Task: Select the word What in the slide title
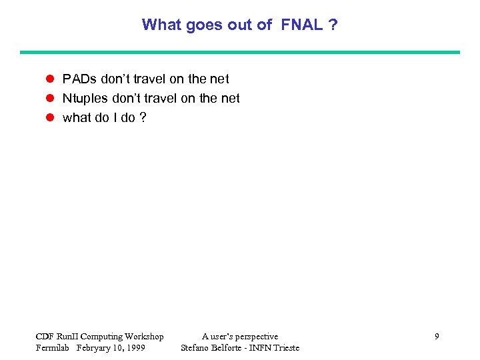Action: point(160,25)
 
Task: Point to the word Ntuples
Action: point(85,99)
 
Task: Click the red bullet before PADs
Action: point(49,79)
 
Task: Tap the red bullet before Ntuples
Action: point(49,99)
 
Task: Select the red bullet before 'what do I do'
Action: point(49,118)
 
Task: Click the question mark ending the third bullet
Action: point(143,118)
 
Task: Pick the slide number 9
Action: point(437,337)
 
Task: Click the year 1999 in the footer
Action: point(135,348)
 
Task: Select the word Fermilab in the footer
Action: point(53,348)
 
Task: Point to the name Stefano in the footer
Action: point(196,348)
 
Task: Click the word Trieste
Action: point(285,348)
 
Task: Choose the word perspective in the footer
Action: point(257,337)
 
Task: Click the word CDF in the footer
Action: point(45,337)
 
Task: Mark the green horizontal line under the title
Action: point(240,52)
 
